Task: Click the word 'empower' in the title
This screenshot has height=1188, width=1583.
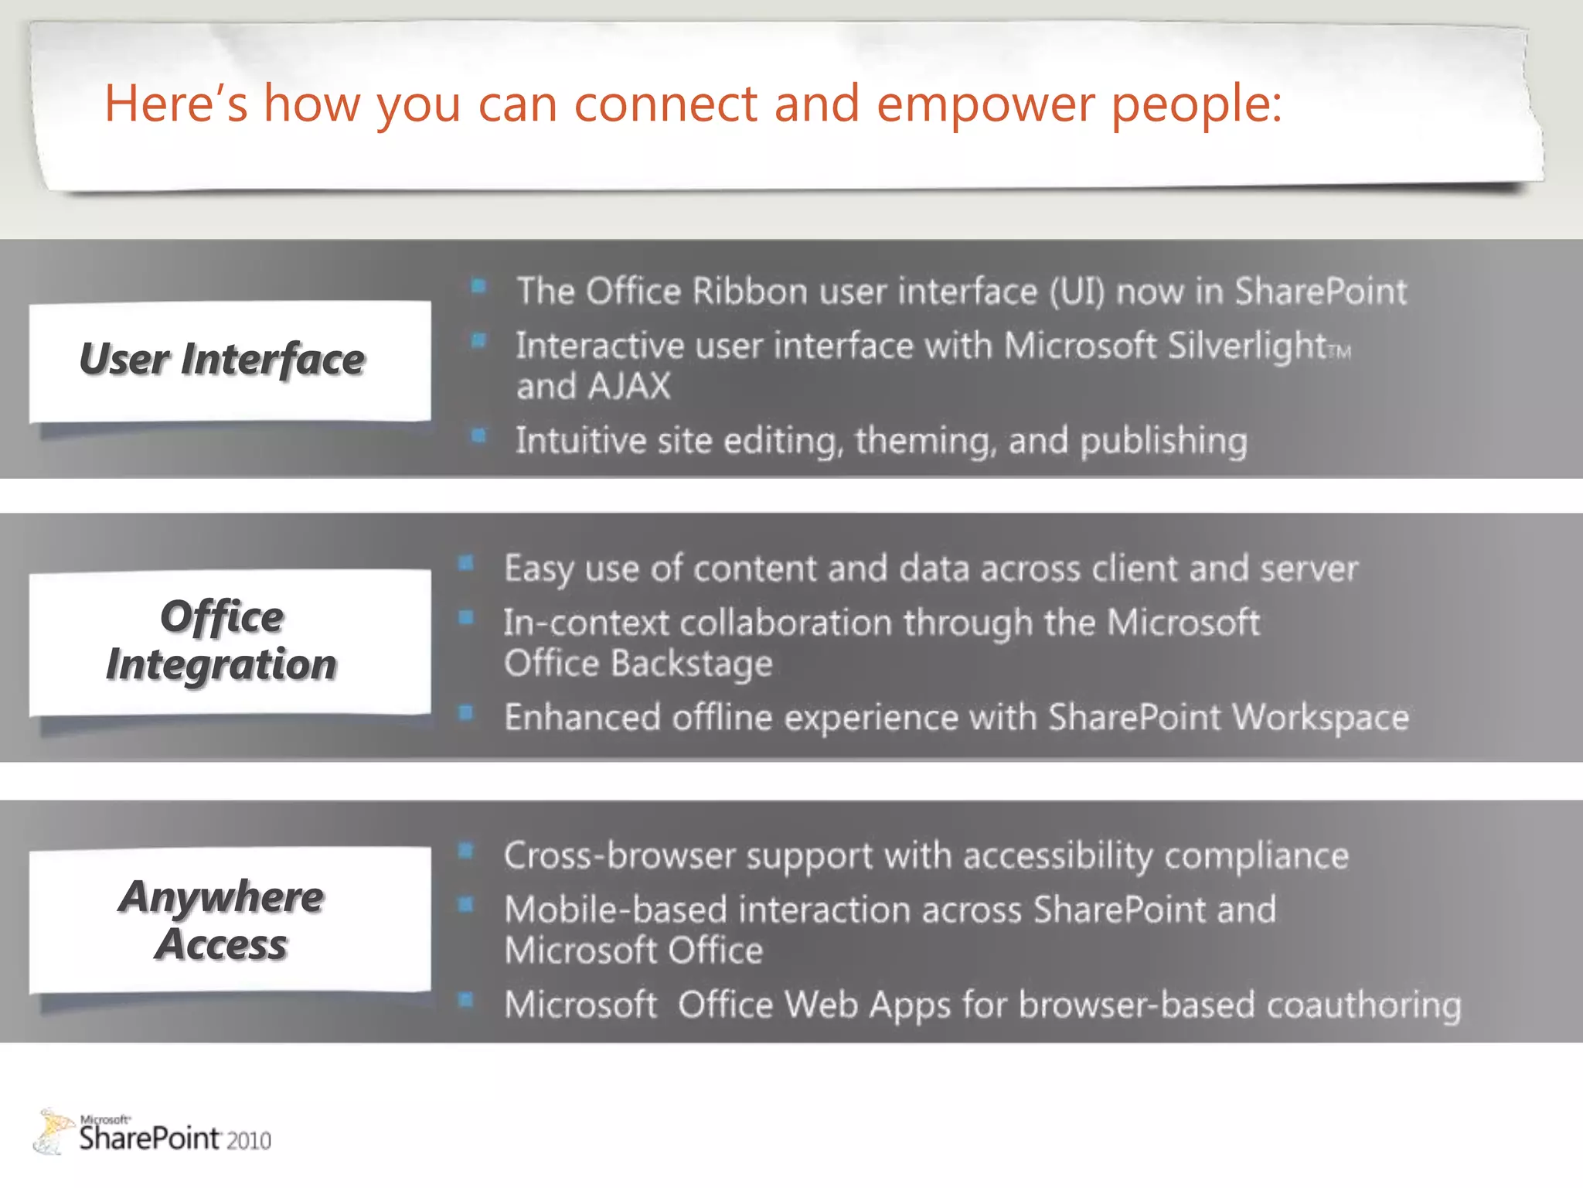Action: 986,104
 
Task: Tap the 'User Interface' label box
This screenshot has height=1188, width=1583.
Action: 230,360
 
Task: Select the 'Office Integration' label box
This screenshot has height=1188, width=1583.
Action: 230,641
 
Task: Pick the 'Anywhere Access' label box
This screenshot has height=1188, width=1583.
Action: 230,920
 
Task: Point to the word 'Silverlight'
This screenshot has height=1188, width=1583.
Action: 1246,346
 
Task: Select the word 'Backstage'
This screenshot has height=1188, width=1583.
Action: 692,664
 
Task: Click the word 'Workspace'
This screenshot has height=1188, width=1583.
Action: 1320,717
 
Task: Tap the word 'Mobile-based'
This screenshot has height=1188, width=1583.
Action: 615,910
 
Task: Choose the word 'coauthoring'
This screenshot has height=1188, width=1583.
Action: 1363,1005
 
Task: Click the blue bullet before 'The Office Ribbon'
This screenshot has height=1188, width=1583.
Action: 478,287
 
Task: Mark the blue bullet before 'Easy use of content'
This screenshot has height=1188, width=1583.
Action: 465,563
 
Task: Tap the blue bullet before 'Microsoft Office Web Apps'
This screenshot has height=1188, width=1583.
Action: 465,1000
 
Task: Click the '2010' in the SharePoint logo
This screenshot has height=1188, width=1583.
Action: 249,1141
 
